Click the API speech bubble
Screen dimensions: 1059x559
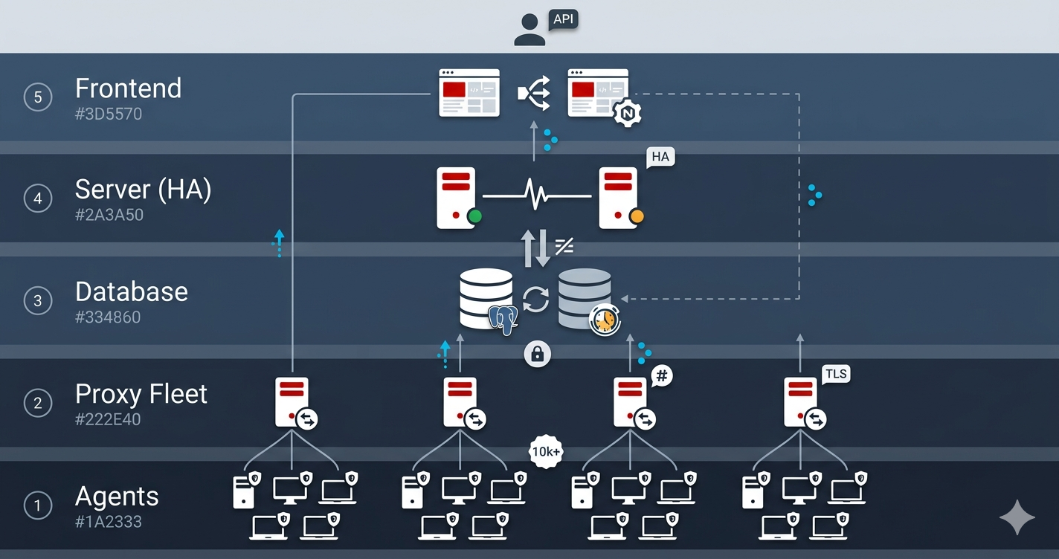click(x=563, y=20)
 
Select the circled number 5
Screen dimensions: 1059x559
click(x=38, y=97)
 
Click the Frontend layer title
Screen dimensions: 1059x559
click(x=128, y=88)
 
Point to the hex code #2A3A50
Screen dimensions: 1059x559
click(x=109, y=215)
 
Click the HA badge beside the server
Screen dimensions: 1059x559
click(x=660, y=157)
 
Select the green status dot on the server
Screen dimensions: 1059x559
click(x=474, y=216)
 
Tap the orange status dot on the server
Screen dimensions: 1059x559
click(x=637, y=216)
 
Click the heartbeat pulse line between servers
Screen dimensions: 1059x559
click(x=537, y=194)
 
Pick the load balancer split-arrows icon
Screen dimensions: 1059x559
click(x=534, y=93)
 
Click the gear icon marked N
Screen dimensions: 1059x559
click(x=628, y=114)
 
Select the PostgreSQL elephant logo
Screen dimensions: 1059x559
click(x=503, y=320)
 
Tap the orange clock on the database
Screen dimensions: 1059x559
click(x=605, y=320)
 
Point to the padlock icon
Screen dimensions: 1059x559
click(x=538, y=353)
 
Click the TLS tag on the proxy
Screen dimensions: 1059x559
click(x=836, y=374)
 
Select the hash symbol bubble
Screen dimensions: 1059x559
click(x=662, y=376)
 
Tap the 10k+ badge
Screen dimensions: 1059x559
click(x=546, y=452)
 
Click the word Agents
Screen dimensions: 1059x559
click(x=117, y=497)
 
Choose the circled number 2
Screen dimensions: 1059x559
click(x=38, y=403)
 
